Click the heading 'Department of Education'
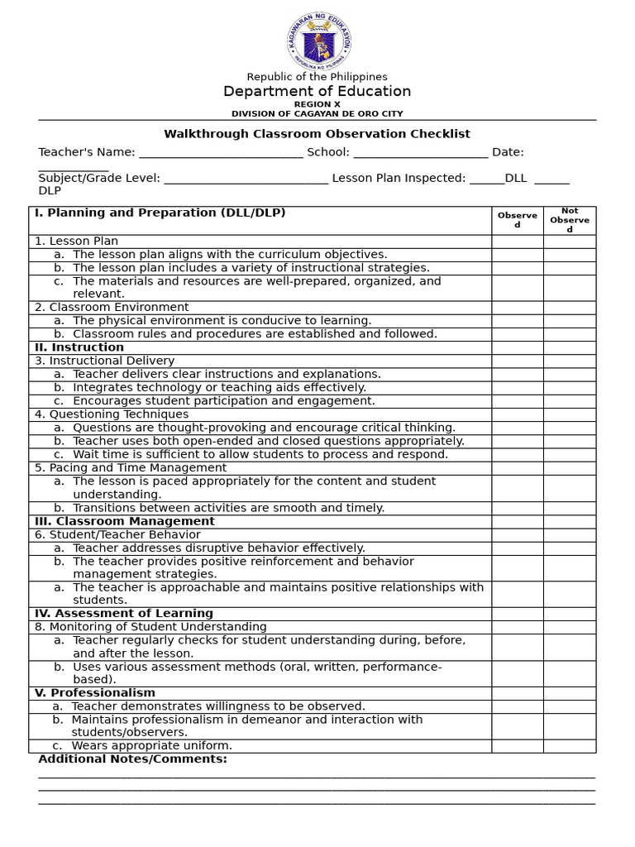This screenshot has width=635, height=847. [x=317, y=91]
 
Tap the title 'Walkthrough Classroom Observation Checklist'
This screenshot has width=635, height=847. [x=317, y=133]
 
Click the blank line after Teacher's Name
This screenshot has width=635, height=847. [x=221, y=153]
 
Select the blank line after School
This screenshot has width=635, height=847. [x=420, y=153]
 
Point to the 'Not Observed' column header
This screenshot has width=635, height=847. [x=569, y=220]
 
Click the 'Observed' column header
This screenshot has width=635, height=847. [x=517, y=220]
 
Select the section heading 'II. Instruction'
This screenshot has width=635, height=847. [x=79, y=347]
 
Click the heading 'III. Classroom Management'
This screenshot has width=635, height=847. [x=124, y=521]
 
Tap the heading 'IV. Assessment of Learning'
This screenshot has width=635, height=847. [x=123, y=613]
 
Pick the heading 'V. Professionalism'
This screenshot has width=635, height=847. [x=94, y=692]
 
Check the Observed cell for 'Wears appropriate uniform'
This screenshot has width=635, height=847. [x=517, y=745]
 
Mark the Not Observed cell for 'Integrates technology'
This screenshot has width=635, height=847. [x=569, y=387]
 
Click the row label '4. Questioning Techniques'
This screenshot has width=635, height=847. [x=112, y=414]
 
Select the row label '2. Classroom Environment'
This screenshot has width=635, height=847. [x=112, y=307]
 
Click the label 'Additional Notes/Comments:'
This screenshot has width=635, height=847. [x=132, y=758]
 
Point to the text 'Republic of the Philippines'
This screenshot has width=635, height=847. [x=317, y=77]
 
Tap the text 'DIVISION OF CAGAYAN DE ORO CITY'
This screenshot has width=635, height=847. [x=317, y=113]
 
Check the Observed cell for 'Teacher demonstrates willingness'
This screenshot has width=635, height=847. [x=517, y=706]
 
